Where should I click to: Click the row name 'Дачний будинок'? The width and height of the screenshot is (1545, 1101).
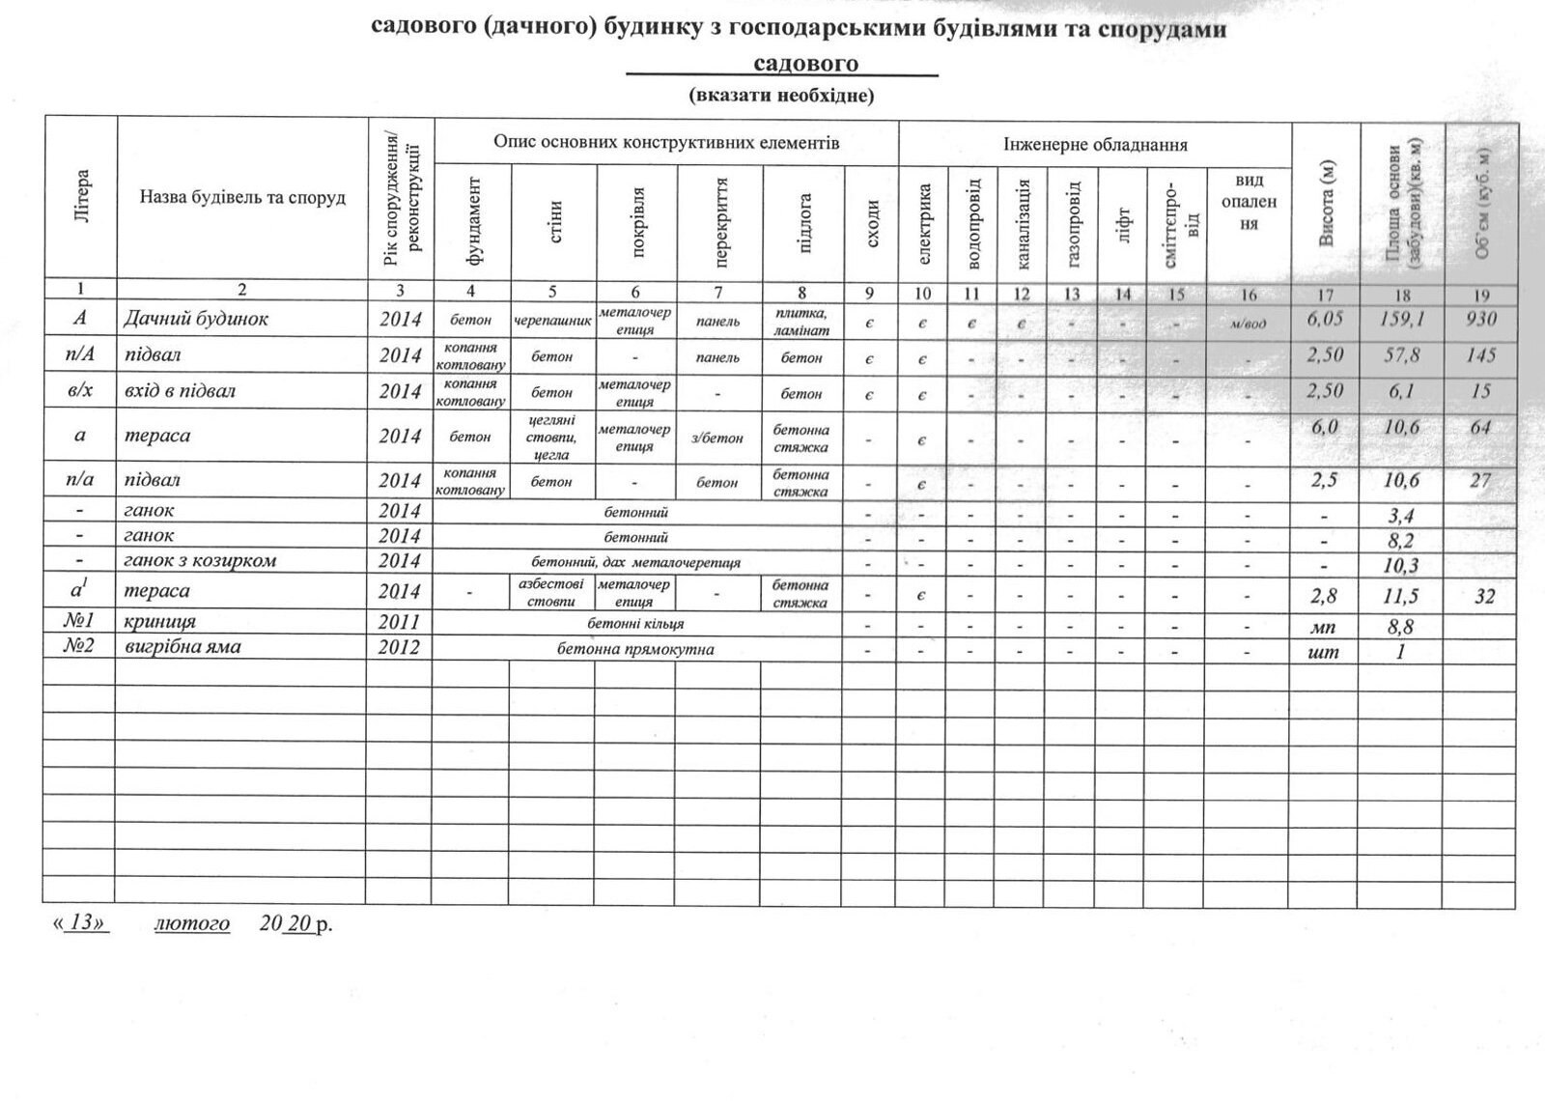(x=195, y=319)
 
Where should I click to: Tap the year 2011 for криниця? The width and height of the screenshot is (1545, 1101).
(x=400, y=622)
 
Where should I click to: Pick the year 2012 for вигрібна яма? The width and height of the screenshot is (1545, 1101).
(x=400, y=647)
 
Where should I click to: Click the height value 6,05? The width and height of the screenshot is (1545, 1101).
(x=1324, y=319)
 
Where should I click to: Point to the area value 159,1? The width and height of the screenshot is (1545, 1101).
(x=1401, y=319)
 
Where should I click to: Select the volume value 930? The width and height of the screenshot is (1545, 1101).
(x=1480, y=319)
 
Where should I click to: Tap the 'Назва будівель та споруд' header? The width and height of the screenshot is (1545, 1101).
(x=242, y=198)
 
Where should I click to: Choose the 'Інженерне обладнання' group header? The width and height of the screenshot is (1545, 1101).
(x=1095, y=145)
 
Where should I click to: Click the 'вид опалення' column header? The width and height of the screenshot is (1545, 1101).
(x=1249, y=202)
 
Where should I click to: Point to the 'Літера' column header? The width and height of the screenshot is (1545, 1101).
(x=81, y=198)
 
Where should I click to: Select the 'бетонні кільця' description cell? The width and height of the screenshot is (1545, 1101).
(x=635, y=624)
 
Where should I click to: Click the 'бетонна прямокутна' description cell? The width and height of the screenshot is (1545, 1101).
(x=635, y=649)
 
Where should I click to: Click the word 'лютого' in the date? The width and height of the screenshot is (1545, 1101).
(x=192, y=923)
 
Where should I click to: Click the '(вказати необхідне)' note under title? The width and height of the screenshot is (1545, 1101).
(x=781, y=96)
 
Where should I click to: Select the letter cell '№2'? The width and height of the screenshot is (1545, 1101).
(x=79, y=647)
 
